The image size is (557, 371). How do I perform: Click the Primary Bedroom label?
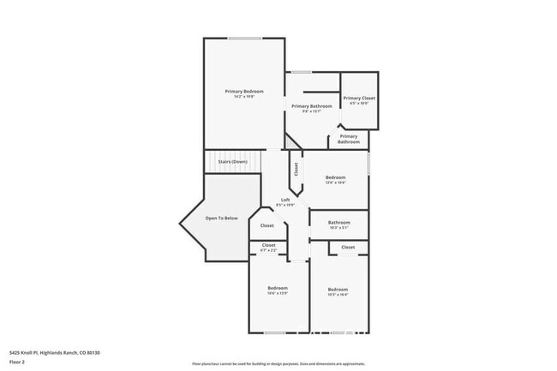pos(244,91)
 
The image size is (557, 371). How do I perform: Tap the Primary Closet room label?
pos(359,99)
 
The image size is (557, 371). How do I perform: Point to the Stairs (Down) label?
pos(232,161)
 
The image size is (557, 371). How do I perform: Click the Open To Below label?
pos(220,218)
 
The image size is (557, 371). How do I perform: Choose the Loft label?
pos(284,200)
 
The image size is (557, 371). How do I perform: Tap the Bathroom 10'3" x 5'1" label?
pos(338,224)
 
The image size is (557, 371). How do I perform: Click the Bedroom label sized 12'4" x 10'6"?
pos(335,177)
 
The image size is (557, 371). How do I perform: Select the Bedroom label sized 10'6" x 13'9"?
pos(277,288)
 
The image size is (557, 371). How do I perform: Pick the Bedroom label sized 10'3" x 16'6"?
pos(338,290)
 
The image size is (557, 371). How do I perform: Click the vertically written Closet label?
pos(296,170)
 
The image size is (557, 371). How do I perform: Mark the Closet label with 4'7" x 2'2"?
pos(269,245)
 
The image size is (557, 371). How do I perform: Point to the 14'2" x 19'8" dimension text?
pos(244,96)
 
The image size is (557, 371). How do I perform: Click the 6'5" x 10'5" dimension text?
pos(359,105)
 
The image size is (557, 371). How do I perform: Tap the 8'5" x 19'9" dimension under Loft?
pos(284,206)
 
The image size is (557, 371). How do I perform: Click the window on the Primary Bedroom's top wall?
pos(244,38)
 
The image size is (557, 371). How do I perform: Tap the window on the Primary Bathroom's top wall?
pos(301,72)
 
